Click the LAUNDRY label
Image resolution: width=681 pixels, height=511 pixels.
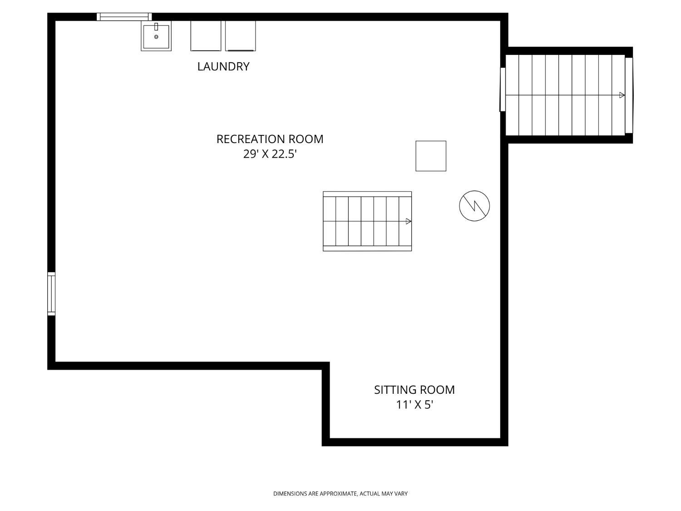click(x=223, y=66)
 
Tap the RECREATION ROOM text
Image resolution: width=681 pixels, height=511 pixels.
click(x=270, y=139)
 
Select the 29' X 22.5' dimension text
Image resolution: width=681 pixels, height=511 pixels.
click(x=270, y=154)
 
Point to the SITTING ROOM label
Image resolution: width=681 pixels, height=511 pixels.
click(x=414, y=390)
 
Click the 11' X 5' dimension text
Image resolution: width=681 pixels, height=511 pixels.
click(x=414, y=405)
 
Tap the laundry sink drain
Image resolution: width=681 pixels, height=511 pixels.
click(x=156, y=37)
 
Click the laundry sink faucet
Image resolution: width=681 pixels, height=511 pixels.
click(x=156, y=26)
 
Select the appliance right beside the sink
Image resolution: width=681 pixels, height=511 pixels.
click(x=206, y=36)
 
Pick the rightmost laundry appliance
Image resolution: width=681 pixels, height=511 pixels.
click(x=241, y=36)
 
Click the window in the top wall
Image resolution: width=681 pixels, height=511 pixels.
click(x=124, y=17)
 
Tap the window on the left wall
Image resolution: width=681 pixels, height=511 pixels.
click(x=51, y=293)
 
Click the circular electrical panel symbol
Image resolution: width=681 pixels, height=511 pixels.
click(x=474, y=206)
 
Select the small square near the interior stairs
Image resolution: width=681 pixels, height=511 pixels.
click(x=431, y=156)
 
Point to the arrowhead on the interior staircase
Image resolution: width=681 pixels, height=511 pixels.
click(x=408, y=221)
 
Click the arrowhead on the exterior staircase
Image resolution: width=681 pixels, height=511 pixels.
click(x=622, y=95)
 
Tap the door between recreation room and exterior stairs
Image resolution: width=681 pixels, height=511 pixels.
click(x=502, y=89)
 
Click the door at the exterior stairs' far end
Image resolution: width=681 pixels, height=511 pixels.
click(x=629, y=95)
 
